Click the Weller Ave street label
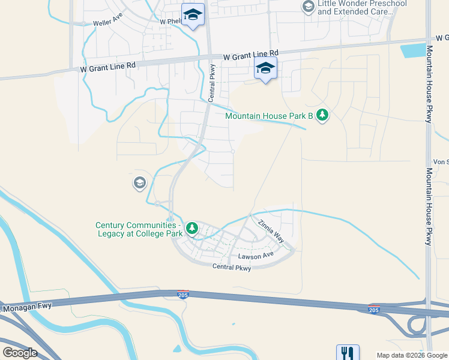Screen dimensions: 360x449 tap(107, 23)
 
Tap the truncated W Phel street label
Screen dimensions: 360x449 tap(170, 21)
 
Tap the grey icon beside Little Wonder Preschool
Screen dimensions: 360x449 tap(309, 7)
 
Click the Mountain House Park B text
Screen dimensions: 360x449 tap(270, 116)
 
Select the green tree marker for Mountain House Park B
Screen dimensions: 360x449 tap(322, 115)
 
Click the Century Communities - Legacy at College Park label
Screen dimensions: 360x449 tap(139, 229)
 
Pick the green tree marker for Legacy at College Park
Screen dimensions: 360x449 tap(191, 228)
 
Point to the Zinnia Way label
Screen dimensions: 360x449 tap(271, 230)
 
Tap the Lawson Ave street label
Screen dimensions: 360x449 tap(256, 257)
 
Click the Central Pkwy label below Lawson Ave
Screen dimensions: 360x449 tap(231, 268)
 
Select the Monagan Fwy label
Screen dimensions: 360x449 tap(27, 307)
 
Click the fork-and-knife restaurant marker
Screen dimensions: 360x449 tap(348, 353)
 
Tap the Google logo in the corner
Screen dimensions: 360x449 tap(20, 353)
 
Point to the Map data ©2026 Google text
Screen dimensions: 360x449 tap(411, 355)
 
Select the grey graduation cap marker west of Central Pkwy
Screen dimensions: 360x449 tap(140, 182)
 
